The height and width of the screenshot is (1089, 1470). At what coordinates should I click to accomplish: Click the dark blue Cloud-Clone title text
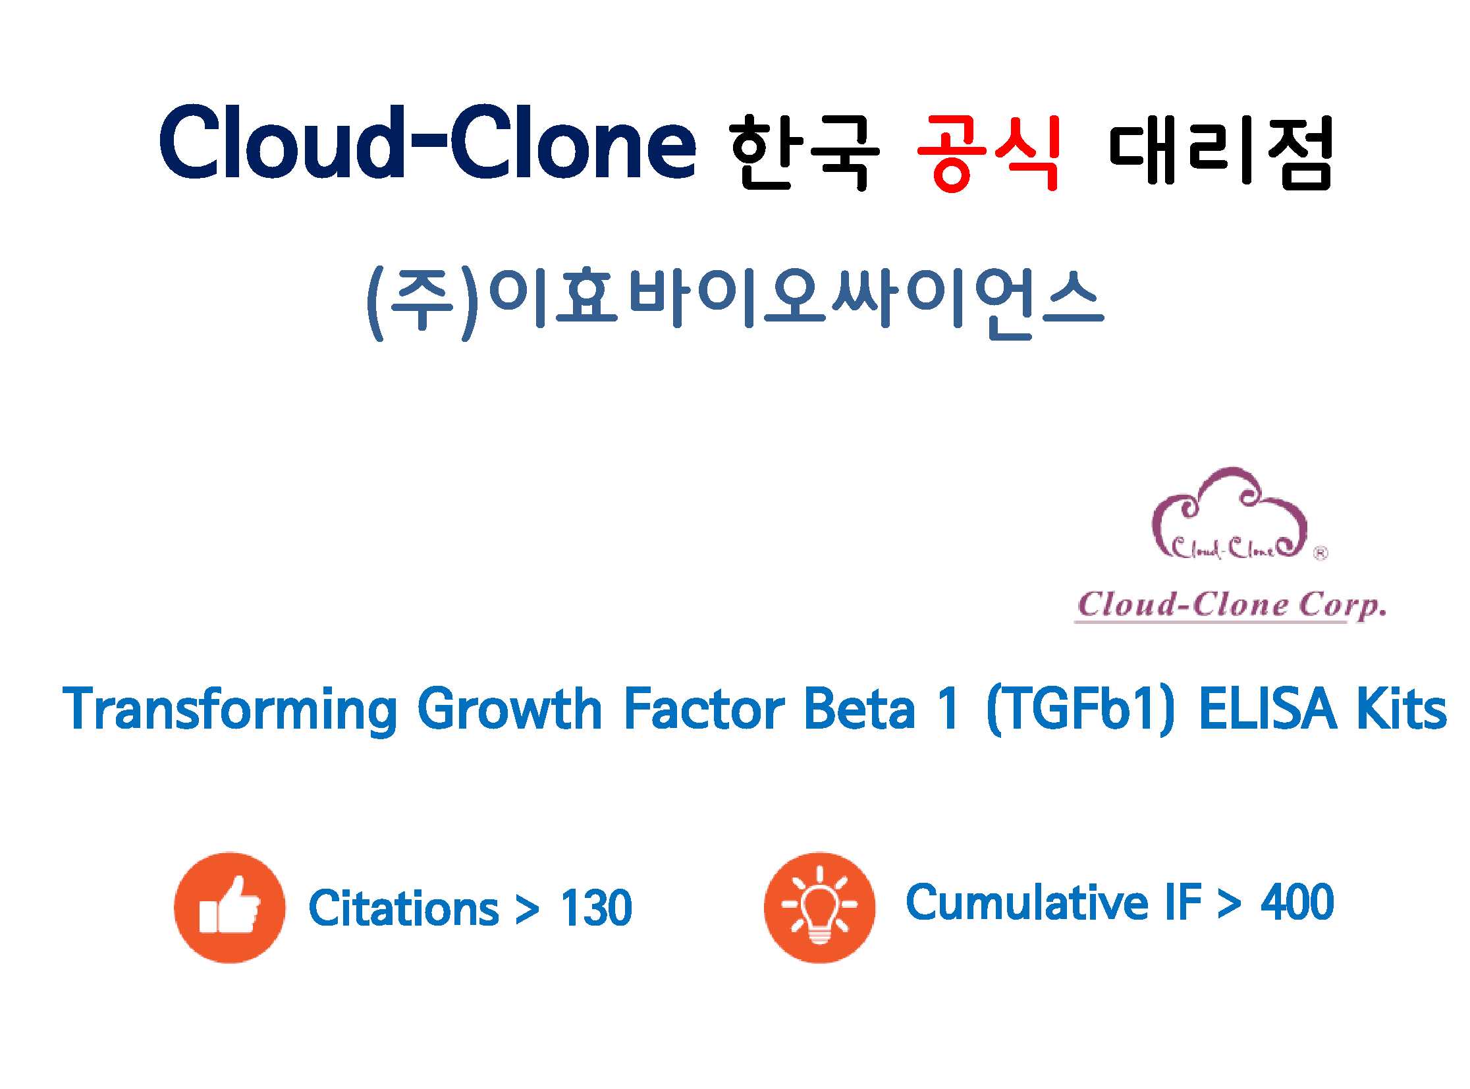427,142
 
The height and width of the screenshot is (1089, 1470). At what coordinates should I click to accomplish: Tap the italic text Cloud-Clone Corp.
1231,605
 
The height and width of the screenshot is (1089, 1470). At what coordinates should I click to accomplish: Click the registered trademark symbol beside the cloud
1320,554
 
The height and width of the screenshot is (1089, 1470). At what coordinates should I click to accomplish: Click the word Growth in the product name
509,709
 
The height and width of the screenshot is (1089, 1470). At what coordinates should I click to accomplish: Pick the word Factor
703,709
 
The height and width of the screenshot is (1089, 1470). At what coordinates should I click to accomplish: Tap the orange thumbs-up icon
229,908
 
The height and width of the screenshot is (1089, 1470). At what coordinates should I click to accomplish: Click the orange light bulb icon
820,908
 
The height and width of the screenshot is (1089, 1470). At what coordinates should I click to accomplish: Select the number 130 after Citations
596,908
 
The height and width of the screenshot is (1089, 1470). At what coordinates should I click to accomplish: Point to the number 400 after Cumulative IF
1297,902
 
